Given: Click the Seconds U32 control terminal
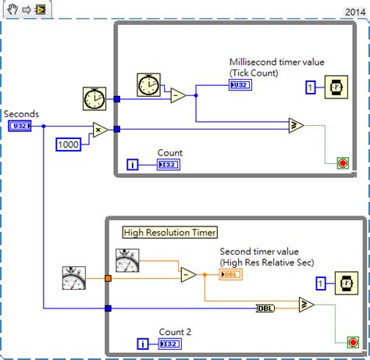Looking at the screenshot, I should (x=20, y=126).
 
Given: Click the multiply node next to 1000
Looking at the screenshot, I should (x=101, y=130).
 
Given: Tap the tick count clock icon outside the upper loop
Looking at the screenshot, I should (x=94, y=99).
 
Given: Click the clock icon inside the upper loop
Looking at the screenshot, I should (x=148, y=84).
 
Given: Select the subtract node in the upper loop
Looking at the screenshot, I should (x=179, y=95).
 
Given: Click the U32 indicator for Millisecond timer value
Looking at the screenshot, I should (x=240, y=85).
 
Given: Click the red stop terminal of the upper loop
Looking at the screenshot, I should (x=342, y=162).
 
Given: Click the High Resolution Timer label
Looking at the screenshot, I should (x=169, y=232).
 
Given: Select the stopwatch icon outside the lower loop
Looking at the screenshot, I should (x=75, y=277).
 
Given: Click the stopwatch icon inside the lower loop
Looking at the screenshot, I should (x=127, y=259).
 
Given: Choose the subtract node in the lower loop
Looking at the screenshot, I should (x=188, y=275).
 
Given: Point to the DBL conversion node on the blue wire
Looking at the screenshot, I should (x=267, y=308).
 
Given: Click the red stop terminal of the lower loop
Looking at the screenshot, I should (x=342, y=341).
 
